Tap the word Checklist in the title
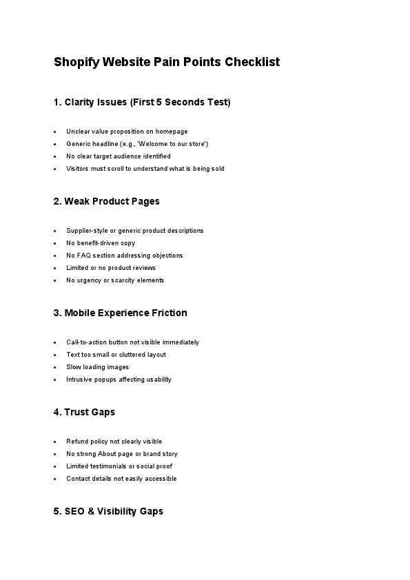pyautogui.click(x=252, y=62)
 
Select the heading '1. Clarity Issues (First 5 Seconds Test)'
pyautogui.click(x=142, y=103)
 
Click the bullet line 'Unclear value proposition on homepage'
pyautogui.click(x=127, y=132)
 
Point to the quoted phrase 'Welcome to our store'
pyautogui.click(x=177, y=144)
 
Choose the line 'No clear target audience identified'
pyautogui.click(x=119, y=156)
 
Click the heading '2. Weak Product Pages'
pyautogui.click(x=107, y=202)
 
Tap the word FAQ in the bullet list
pyautogui.click(x=84, y=256)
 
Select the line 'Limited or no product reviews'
pyautogui.click(x=111, y=268)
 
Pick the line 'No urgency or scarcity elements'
pyautogui.click(x=115, y=280)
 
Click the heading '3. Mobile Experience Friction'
pyautogui.click(x=121, y=313)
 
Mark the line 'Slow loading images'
pyautogui.click(x=97, y=367)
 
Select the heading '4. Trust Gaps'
pyautogui.click(x=84, y=413)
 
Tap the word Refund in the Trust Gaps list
pyautogui.click(x=76, y=442)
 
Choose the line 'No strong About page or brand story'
pyautogui.click(x=122, y=454)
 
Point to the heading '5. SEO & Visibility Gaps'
pyautogui.click(x=109, y=512)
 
